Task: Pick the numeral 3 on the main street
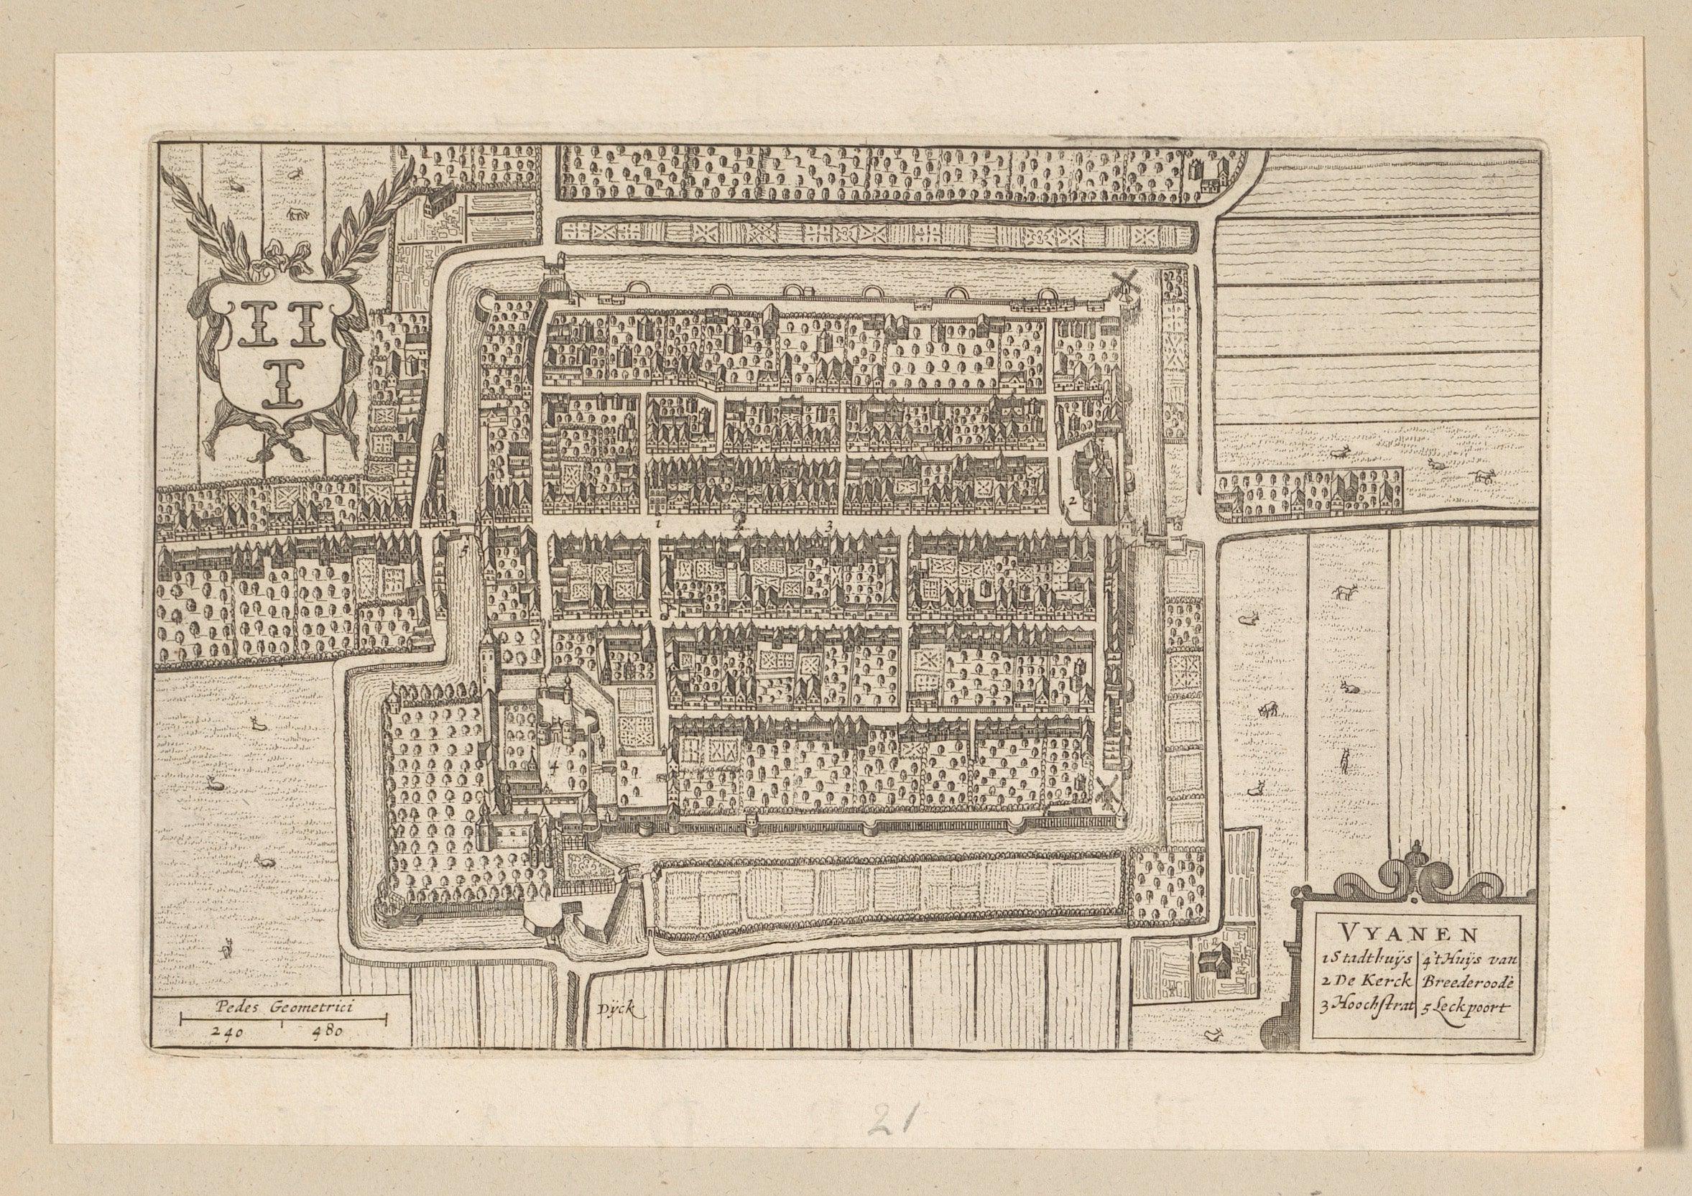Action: click(830, 525)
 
